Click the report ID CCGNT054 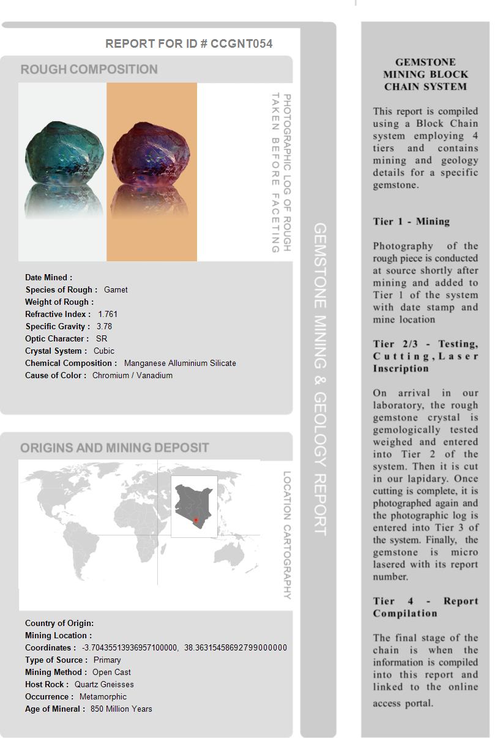[x=241, y=43]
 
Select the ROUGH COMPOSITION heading [x=89, y=70]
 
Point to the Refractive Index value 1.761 [x=108, y=314]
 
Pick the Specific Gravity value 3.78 [x=104, y=326]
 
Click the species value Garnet [x=116, y=289]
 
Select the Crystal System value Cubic [x=104, y=351]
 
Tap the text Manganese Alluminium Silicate [x=180, y=363]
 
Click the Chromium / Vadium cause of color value [x=132, y=375]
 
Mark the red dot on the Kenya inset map [x=196, y=520]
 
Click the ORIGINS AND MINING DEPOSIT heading [x=114, y=448]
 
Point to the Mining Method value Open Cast [x=111, y=672]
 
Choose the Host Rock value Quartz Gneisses [x=104, y=684]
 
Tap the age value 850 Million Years [x=121, y=709]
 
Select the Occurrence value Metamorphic [x=103, y=696]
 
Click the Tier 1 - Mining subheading [x=411, y=222]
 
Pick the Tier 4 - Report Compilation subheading [x=425, y=607]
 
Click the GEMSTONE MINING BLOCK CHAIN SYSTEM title [x=425, y=74]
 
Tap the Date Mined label [x=48, y=277]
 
